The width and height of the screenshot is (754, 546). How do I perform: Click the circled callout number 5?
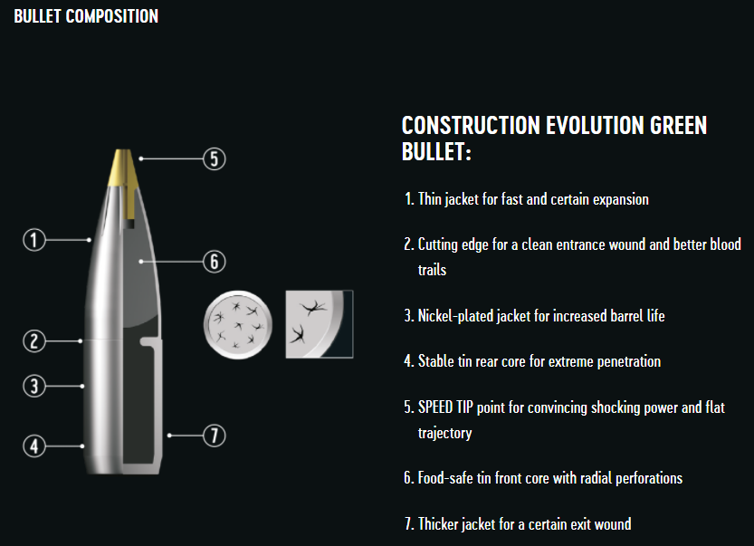tap(214, 158)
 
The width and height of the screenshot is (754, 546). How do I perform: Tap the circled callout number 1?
tap(34, 240)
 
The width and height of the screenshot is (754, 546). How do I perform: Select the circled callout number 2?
tap(34, 341)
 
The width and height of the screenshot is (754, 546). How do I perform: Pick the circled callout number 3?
tap(34, 387)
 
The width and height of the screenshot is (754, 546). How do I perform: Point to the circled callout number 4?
tap(34, 445)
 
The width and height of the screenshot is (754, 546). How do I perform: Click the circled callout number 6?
tap(214, 262)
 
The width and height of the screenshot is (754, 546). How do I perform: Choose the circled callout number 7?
tap(214, 436)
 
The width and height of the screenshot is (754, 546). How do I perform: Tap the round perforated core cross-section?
tap(237, 325)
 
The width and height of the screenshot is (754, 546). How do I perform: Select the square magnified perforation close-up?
tap(320, 324)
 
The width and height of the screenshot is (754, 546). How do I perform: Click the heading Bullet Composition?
tap(86, 16)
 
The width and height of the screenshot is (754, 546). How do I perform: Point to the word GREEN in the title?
tap(678, 126)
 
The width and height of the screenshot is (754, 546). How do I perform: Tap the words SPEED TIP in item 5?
tap(445, 407)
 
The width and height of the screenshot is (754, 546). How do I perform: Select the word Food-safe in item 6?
tap(445, 478)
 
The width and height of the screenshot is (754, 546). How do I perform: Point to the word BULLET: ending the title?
tap(436, 151)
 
